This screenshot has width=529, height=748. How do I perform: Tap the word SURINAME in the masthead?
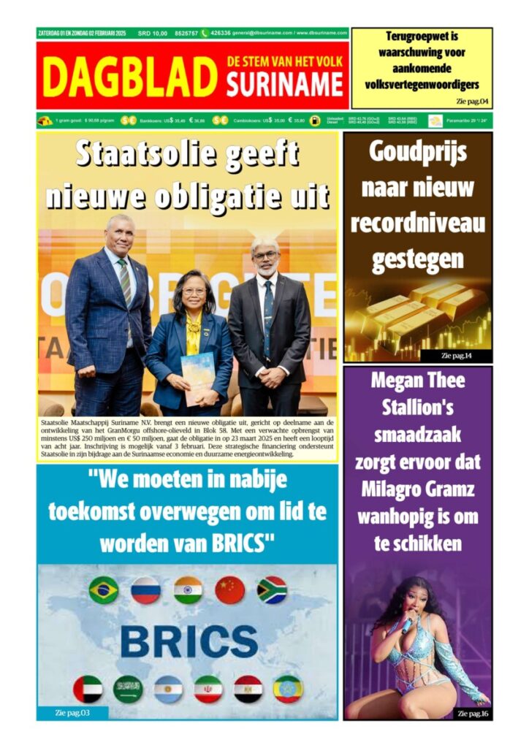[x=284, y=86]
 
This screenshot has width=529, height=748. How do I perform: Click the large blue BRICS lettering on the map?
[x=189, y=641]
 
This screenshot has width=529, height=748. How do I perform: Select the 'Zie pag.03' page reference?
[x=72, y=712]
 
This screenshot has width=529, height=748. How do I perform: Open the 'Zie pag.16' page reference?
[x=473, y=712]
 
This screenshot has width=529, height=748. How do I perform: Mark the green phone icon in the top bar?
[x=205, y=33]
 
